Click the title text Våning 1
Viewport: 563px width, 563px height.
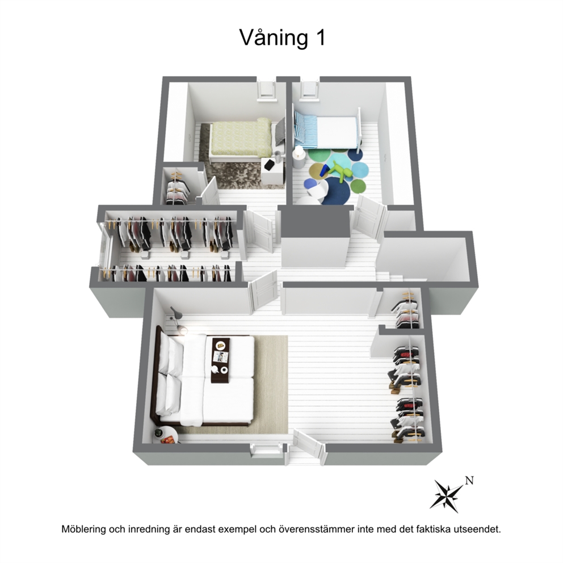(x=282, y=37)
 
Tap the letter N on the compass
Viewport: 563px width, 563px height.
(x=469, y=480)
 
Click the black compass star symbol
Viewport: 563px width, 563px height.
(x=447, y=496)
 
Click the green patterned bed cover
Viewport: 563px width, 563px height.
(x=241, y=136)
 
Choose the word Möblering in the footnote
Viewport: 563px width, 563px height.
(x=83, y=530)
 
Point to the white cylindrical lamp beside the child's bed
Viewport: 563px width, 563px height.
(x=299, y=158)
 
